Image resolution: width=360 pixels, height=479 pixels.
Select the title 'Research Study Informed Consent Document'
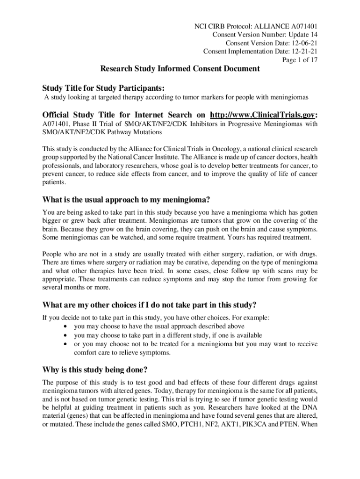[180, 69]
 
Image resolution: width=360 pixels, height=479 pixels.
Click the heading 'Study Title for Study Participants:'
[104, 88]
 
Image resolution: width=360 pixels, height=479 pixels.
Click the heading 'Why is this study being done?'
[95, 370]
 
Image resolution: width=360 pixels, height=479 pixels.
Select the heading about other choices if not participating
[150, 305]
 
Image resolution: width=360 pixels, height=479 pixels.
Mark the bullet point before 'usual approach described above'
[64, 327]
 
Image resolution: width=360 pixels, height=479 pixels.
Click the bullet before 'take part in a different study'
[64, 335]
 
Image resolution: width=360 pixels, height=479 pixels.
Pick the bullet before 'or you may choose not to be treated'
[64, 344]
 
